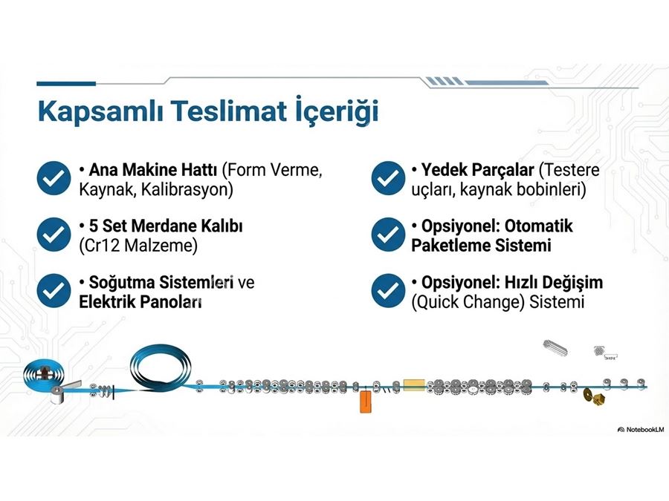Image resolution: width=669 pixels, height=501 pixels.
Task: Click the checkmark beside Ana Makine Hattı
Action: click(54, 178)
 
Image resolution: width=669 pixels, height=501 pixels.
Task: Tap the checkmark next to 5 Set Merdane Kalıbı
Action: click(54, 235)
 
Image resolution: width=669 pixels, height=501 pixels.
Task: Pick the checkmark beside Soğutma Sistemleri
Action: click(54, 290)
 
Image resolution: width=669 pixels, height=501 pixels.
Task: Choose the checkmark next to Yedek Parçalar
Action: click(388, 178)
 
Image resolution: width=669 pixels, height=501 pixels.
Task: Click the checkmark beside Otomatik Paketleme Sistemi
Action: click(388, 235)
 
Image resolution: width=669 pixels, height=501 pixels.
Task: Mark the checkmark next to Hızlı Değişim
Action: click(388, 290)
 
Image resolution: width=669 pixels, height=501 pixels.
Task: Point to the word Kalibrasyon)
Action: click(187, 189)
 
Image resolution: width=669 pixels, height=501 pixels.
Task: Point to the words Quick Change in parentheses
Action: click(468, 302)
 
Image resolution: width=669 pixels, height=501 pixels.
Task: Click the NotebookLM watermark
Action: click(641, 430)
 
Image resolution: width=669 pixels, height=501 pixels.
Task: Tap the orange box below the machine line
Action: click(366, 402)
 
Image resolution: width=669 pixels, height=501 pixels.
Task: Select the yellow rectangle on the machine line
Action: click(414, 384)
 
